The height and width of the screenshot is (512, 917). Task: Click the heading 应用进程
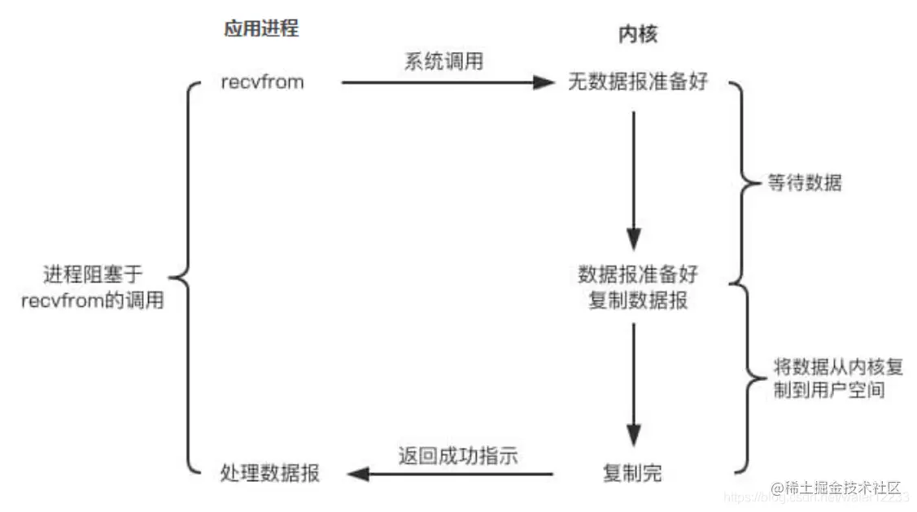click(261, 29)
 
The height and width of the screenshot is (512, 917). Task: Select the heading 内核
click(638, 35)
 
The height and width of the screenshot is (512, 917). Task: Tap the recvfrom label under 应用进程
click(262, 82)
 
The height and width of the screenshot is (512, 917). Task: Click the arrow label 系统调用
click(443, 62)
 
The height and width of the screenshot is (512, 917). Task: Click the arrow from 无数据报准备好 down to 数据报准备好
click(634, 179)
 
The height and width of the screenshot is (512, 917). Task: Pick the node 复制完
click(632, 473)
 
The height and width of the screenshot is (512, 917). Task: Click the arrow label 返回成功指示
click(458, 455)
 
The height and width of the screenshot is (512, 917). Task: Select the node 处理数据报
click(269, 473)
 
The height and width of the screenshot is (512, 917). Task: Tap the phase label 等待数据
click(805, 183)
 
